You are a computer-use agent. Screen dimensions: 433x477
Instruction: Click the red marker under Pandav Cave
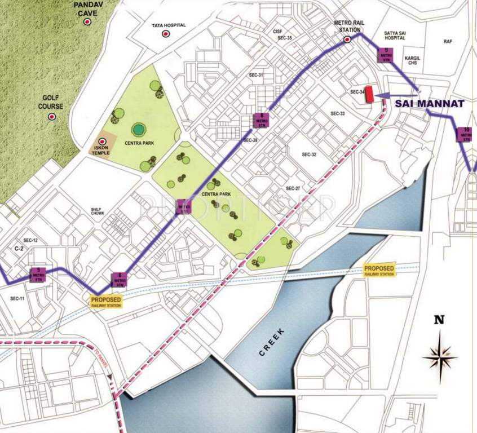click(x=87, y=21)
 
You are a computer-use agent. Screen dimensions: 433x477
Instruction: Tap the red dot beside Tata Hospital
click(x=165, y=34)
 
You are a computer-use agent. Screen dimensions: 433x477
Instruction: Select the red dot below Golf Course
click(x=51, y=117)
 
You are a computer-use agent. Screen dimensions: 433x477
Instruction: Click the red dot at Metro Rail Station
click(x=347, y=39)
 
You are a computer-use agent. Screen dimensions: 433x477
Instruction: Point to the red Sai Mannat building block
click(x=370, y=94)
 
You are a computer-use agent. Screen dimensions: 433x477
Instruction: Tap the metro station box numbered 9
click(x=386, y=55)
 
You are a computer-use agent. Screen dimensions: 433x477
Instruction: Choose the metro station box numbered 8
click(x=260, y=120)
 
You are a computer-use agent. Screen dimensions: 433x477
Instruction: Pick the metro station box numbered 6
click(x=120, y=279)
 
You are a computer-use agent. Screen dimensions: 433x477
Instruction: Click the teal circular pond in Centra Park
click(x=138, y=129)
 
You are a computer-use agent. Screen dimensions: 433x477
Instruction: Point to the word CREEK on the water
click(x=273, y=342)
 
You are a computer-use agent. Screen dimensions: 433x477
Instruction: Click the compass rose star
click(x=440, y=355)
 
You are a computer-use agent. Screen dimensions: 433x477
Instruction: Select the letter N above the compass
click(x=439, y=320)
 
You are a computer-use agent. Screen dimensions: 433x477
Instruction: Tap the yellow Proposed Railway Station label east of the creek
click(x=379, y=271)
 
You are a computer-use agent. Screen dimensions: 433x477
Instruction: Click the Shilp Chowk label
click(x=97, y=211)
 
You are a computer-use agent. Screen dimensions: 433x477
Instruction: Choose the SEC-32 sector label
click(x=309, y=154)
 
